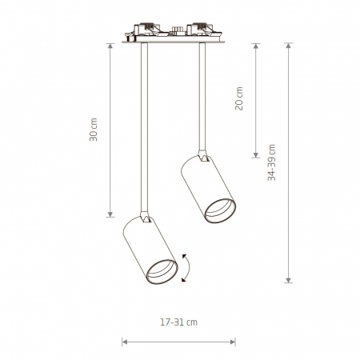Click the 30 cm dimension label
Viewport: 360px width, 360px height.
[x=94, y=130]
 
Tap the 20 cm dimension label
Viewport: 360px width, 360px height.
[x=239, y=98]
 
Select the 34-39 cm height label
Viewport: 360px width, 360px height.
[x=271, y=162]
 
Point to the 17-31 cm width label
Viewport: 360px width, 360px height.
[x=178, y=322]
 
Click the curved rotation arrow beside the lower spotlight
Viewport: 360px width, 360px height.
[x=189, y=268]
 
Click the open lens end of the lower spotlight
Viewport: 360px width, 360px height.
[x=162, y=271]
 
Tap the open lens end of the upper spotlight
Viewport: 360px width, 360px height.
[x=220, y=210]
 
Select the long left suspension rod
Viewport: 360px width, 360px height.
[x=144, y=127]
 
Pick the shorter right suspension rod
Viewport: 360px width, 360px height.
[x=202, y=97]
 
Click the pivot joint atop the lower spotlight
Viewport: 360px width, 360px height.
[x=145, y=217]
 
